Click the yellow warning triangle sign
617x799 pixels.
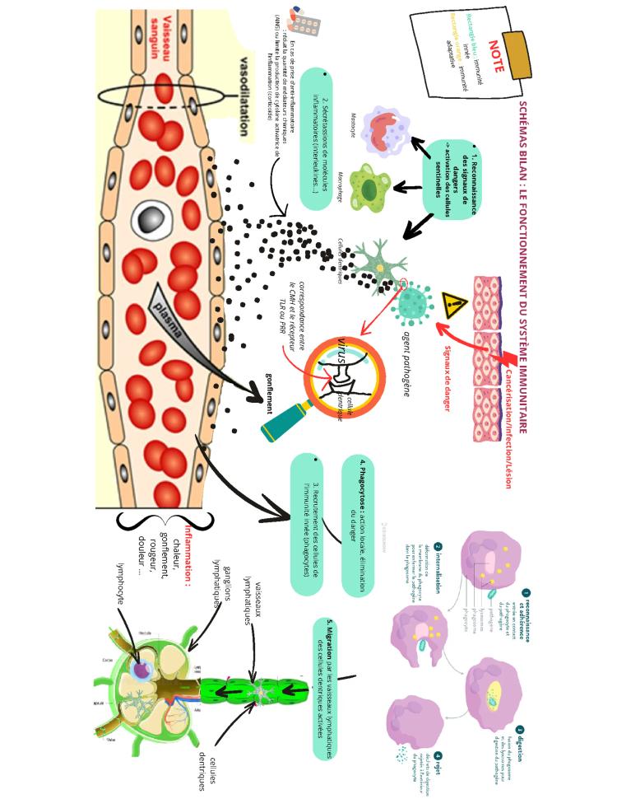(x=454, y=306)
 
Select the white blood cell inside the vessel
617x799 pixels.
(x=151, y=217)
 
